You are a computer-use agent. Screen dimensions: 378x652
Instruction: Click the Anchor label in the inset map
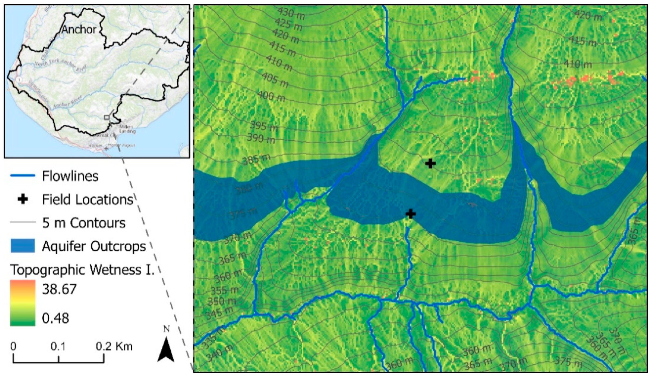click(x=79, y=29)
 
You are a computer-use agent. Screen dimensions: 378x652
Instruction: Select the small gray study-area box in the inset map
click(x=107, y=117)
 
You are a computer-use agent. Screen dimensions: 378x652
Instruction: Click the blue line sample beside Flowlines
click(x=23, y=175)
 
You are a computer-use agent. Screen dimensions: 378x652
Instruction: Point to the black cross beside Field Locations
click(x=23, y=199)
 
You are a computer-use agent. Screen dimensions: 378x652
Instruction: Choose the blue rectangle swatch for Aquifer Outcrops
click(x=23, y=246)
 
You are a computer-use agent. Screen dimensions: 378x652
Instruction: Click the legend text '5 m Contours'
click(x=84, y=223)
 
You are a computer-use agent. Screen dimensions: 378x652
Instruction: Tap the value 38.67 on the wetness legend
click(x=59, y=289)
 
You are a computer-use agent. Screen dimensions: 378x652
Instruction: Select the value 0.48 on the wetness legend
click(x=56, y=318)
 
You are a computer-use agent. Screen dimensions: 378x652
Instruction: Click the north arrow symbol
click(x=166, y=349)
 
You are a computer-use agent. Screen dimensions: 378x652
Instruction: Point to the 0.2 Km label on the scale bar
click(x=114, y=346)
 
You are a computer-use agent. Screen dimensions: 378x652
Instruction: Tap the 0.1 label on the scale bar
click(x=58, y=346)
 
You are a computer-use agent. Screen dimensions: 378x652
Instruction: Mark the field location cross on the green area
click(x=430, y=164)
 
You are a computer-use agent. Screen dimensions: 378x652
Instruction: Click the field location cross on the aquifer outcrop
click(x=410, y=214)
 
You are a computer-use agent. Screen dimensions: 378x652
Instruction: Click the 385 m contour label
click(x=256, y=159)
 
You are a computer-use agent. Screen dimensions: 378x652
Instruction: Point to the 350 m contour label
click(x=222, y=301)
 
